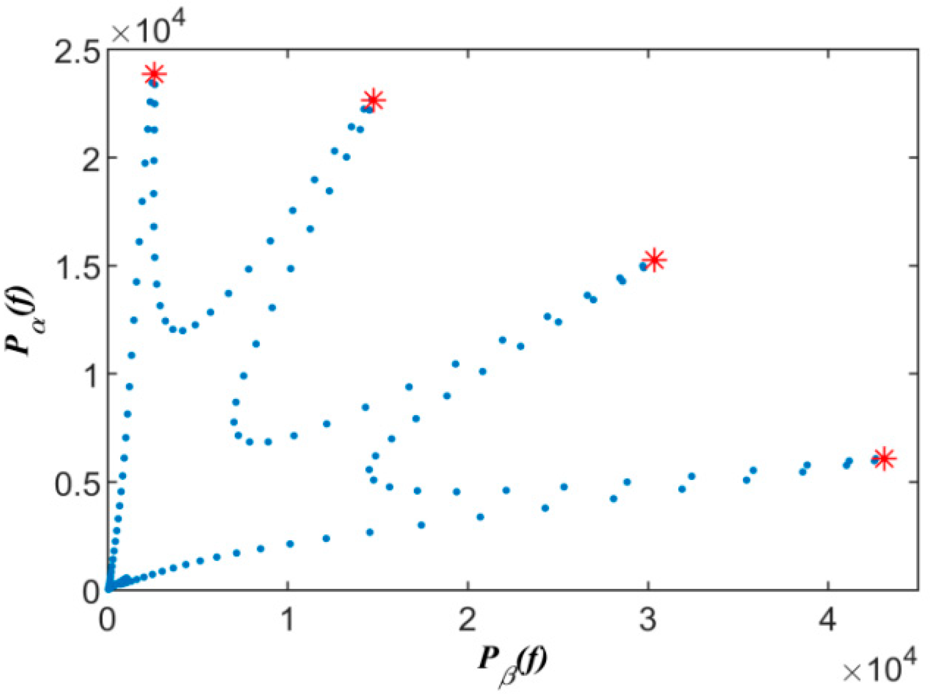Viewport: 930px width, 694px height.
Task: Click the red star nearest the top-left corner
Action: coord(155,74)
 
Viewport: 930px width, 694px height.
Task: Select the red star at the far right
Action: coord(884,458)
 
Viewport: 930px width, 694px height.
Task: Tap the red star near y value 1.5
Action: coord(655,260)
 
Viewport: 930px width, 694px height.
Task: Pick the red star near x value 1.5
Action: coord(373,100)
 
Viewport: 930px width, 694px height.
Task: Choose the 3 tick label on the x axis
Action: coord(648,620)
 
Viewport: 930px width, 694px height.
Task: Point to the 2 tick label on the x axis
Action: coord(468,620)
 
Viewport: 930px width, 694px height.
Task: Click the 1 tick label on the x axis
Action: coord(288,620)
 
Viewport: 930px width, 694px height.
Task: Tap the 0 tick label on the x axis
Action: coord(108,620)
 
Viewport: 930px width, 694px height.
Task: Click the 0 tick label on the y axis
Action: coord(92,592)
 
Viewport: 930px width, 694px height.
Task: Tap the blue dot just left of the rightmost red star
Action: coord(875,461)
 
